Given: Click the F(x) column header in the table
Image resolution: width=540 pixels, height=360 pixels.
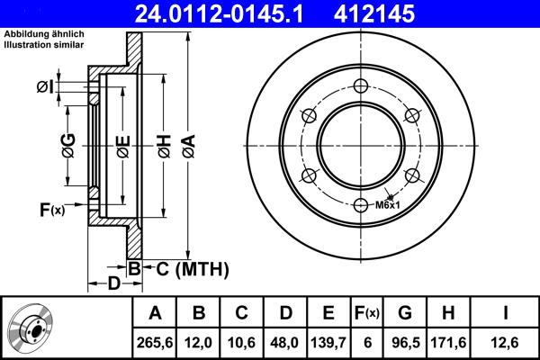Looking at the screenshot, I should (366, 313).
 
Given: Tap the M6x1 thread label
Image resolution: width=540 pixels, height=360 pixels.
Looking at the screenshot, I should (388, 205).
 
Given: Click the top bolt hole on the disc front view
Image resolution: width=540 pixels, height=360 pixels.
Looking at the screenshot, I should (361, 86).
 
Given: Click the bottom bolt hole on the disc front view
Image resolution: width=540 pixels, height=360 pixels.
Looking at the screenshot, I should (361, 205).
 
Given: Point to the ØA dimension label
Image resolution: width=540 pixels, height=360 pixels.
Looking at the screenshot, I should (187, 144).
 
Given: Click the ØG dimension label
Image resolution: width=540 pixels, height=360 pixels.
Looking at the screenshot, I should (68, 144).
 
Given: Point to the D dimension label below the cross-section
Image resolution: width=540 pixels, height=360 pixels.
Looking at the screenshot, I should (113, 285).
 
